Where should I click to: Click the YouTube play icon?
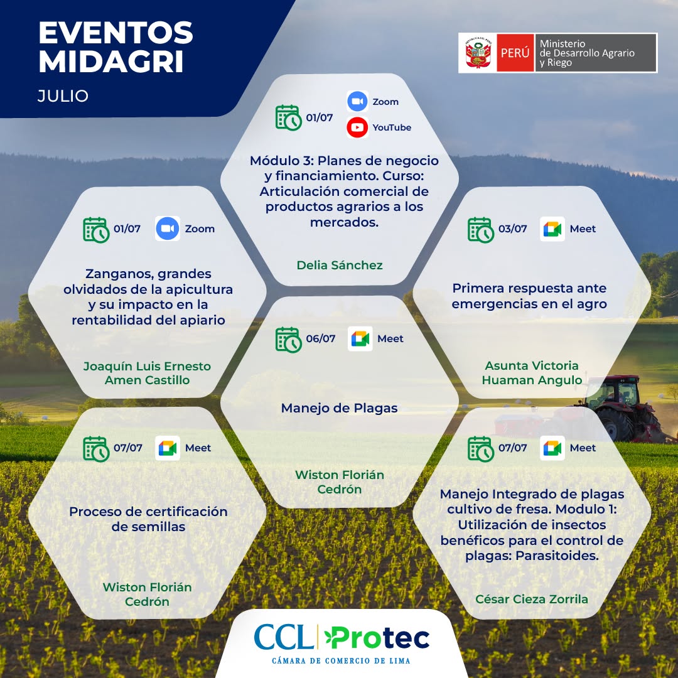click(x=357, y=127)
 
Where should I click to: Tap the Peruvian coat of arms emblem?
click(x=478, y=53)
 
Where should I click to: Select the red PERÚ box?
click(x=515, y=53)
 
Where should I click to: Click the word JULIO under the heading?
click(x=63, y=95)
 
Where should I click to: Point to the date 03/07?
click(x=512, y=229)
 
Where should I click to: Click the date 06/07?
click(x=320, y=338)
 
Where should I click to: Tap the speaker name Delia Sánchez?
click(x=340, y=265)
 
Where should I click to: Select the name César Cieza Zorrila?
click(x=532, y=599)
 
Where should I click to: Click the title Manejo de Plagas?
click(x=340, y=408)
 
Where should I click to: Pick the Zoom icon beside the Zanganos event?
click(x=168, y=229)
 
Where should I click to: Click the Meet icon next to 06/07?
click(x=360, y=338)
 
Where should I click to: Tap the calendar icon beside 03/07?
click(x=480, y=230)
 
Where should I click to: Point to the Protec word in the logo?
click(x=377, y=638)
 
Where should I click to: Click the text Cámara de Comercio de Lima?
click(x=341, y=660)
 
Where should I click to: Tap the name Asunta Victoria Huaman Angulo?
click(x=532, y=373)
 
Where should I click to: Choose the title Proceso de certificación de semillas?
click(x=148, y=519)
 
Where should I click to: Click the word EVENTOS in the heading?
click(x=116, y=33)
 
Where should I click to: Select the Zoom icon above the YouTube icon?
click(x=357, y=101)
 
